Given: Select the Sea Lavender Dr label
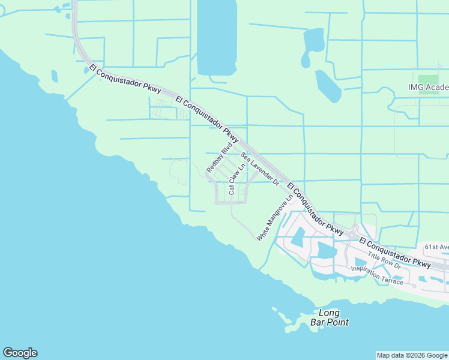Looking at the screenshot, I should [x=261, y=169].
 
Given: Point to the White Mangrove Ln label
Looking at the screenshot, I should [x=274, y=217].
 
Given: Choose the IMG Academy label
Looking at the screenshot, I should [x=428, y=88].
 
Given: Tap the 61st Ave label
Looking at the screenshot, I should [x=436, y=247].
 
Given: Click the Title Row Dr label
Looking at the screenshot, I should [x=384, y=259].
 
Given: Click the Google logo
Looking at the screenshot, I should [x=20, y=353].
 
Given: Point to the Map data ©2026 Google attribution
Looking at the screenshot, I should [x=412, y=355].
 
